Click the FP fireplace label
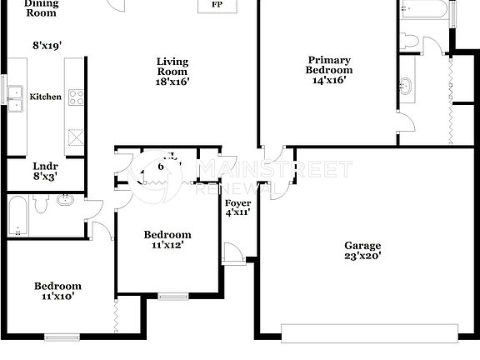[217, 5]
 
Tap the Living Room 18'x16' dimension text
[172, 82]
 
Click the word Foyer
[237, 202]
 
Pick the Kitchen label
[46, 97]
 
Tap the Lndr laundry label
[44, 166]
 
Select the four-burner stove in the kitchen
[76, 97]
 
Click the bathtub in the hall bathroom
[17, 216]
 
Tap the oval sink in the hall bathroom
[66, 200]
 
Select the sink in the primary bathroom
[407, 86]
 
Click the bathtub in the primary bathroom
[426, 10]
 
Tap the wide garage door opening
[369, 333]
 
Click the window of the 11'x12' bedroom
[173, 296]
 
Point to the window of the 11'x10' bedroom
[61, 337]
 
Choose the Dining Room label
[40, 8]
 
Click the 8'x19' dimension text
[47, 46]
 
